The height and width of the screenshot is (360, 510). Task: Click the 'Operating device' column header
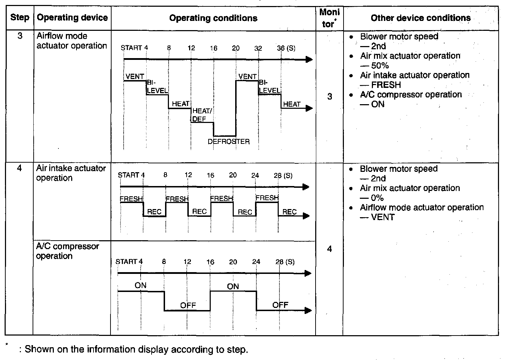72,18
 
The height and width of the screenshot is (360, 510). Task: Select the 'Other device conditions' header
420,18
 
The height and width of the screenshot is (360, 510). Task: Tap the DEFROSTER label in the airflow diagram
228,142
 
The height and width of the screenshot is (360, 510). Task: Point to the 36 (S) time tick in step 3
286,48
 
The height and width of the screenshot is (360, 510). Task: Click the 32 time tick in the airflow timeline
258,48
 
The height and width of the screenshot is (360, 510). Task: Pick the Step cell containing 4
19,168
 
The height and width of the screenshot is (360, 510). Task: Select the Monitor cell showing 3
329,96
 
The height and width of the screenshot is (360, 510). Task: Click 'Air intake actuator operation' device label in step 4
71,173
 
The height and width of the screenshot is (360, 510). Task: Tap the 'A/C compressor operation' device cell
67,251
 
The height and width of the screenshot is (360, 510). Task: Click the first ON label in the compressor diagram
140,285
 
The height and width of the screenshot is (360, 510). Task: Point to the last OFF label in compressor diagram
280,305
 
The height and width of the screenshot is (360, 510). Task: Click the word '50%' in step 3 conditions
380,66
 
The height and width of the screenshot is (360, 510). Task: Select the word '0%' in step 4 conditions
377,198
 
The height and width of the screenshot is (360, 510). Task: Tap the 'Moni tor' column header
329,18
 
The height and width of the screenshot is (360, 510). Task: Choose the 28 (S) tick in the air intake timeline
283,175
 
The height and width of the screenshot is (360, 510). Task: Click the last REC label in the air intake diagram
289,212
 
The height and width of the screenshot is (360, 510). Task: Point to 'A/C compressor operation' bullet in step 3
411,95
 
